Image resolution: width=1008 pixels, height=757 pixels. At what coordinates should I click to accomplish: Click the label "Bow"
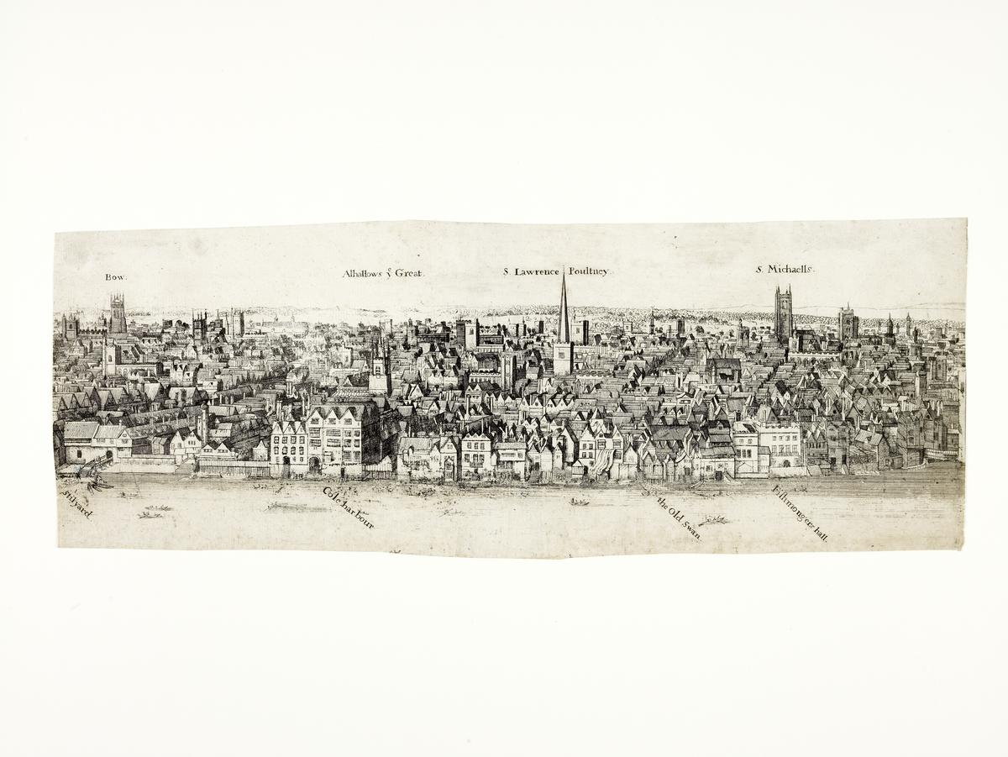(115, 277)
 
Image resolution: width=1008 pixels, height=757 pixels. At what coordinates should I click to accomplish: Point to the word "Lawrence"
(538, 271)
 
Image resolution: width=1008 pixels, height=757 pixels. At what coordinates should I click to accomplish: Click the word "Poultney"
(588, 271)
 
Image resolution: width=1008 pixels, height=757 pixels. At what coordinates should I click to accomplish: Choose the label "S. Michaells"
(785, 270)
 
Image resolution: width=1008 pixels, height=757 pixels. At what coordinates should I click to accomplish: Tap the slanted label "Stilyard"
(76, 503)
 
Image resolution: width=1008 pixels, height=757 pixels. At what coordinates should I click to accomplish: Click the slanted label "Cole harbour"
(349, 507)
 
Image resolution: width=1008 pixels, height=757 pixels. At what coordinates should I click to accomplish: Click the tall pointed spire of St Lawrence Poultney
(564, 311)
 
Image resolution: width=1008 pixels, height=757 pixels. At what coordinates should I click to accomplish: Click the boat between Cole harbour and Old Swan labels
(579, 502)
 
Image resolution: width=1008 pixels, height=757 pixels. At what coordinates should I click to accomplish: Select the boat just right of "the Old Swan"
(714, 520)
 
